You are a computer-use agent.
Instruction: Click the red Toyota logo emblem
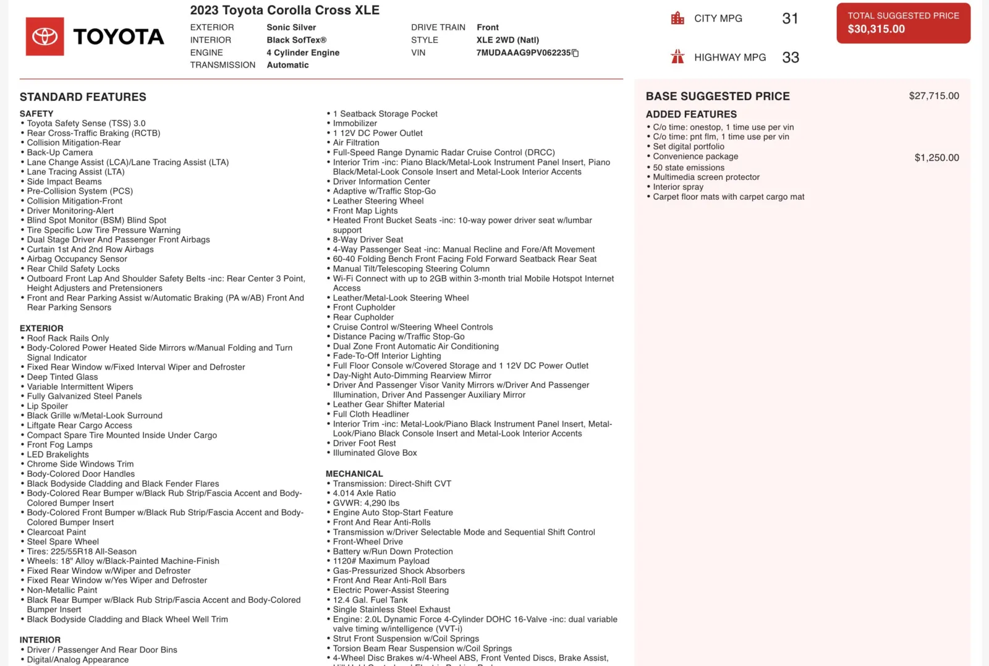[45, 36]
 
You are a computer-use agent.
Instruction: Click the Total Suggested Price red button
[903, 23]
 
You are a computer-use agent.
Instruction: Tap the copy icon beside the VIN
[575, 53]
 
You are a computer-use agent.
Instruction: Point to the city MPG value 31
[790, 19]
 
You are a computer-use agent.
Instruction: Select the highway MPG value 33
[791, 58]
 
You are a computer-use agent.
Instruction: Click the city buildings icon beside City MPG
[677, 19]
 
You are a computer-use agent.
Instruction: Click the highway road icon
[677, 57]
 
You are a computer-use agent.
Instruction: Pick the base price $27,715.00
[933, 96]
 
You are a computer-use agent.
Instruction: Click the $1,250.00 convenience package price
[936, 158]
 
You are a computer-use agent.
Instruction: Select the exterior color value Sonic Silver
[291, 27]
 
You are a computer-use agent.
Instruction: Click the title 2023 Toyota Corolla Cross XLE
[285, 10]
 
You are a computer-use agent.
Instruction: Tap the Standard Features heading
[83, 97]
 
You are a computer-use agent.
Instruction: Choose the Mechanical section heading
[354, 474]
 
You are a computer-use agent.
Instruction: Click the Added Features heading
[691, 114]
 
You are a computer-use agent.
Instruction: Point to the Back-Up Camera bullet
[59, 153]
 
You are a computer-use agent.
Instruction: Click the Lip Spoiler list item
[47, 406]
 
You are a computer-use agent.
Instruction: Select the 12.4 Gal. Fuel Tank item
[370, 600]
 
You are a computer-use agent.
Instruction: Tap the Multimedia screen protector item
[706, 177]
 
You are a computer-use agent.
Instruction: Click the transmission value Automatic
[287, 65]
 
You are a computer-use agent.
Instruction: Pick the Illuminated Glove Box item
[375, 453]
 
